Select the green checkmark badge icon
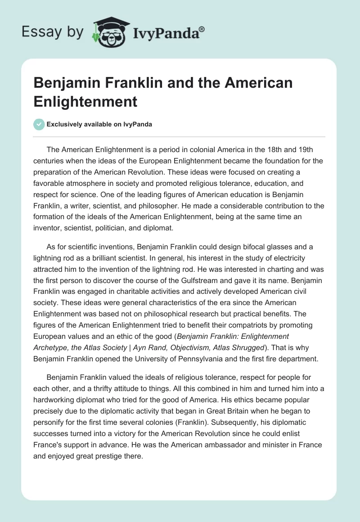(x=40, y=124)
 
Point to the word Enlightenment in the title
(x=85, y=101)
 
